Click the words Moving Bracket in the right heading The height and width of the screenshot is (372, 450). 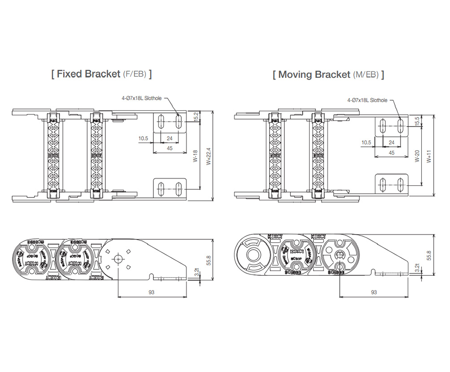click(x=314, y=75)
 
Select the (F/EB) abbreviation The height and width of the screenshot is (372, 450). click(x=135, y=75)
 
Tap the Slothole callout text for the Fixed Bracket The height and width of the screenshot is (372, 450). click(x=141, y=98)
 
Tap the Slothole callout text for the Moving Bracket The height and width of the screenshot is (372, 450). click(x=366, y=100)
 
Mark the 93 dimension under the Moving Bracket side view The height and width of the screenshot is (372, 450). click(x=373, y=292)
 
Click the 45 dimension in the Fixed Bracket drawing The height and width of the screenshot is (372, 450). click(x=170, y=148)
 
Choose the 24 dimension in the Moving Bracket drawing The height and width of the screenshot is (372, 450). click(x=391, y=142)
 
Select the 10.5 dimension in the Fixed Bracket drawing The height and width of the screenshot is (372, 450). click(x=144, y=139)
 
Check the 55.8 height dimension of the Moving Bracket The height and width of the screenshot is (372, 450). click(x=429, y=255)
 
